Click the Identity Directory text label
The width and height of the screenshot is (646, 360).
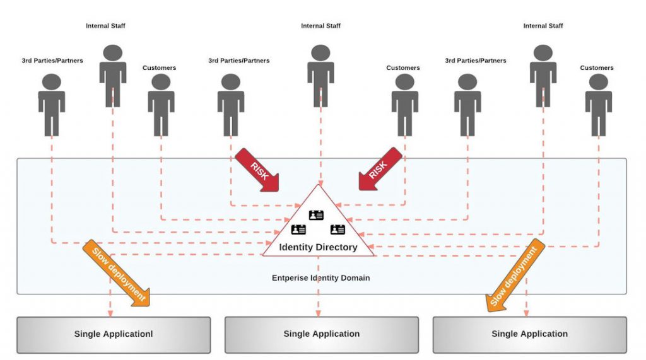(318, 247)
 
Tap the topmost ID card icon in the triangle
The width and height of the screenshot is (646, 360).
(316, 216)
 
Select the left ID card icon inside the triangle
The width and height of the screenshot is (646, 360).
(298, 229)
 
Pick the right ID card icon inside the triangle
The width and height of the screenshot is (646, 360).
(338, 229)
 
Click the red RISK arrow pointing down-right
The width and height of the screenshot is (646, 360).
(257, 170)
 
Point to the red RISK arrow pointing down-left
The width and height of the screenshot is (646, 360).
(380, 169)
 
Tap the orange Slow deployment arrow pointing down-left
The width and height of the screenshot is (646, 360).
(515, 275)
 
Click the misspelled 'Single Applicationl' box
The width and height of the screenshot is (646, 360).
(114, 334)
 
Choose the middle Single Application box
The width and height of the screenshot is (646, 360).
(322, 334)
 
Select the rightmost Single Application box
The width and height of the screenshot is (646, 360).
(529, 334)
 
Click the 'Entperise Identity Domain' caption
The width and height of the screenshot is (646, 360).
(320, 278)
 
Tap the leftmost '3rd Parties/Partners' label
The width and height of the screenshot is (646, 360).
(52, 61)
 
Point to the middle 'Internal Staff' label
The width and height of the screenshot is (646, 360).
(321, 26)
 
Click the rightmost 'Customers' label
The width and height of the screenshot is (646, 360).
(597, 67)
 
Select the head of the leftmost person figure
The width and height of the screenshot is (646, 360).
(52, 81)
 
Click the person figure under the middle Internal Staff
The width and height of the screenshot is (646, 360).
(321, 74)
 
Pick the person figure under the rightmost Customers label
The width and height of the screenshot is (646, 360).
(598, 104)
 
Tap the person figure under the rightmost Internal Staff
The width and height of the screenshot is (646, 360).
(543, 74)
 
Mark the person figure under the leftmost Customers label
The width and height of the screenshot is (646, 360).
(161, 104)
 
